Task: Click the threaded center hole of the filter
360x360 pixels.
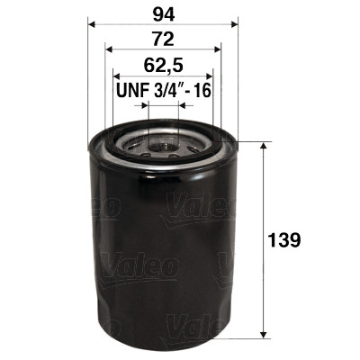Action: click(x=162, y=141)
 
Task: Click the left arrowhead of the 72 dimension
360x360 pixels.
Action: click(x=109, y=50)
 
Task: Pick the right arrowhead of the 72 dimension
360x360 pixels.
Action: click(x=217, y=50)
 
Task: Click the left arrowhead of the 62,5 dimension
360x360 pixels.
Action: click(x=116, y=76)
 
